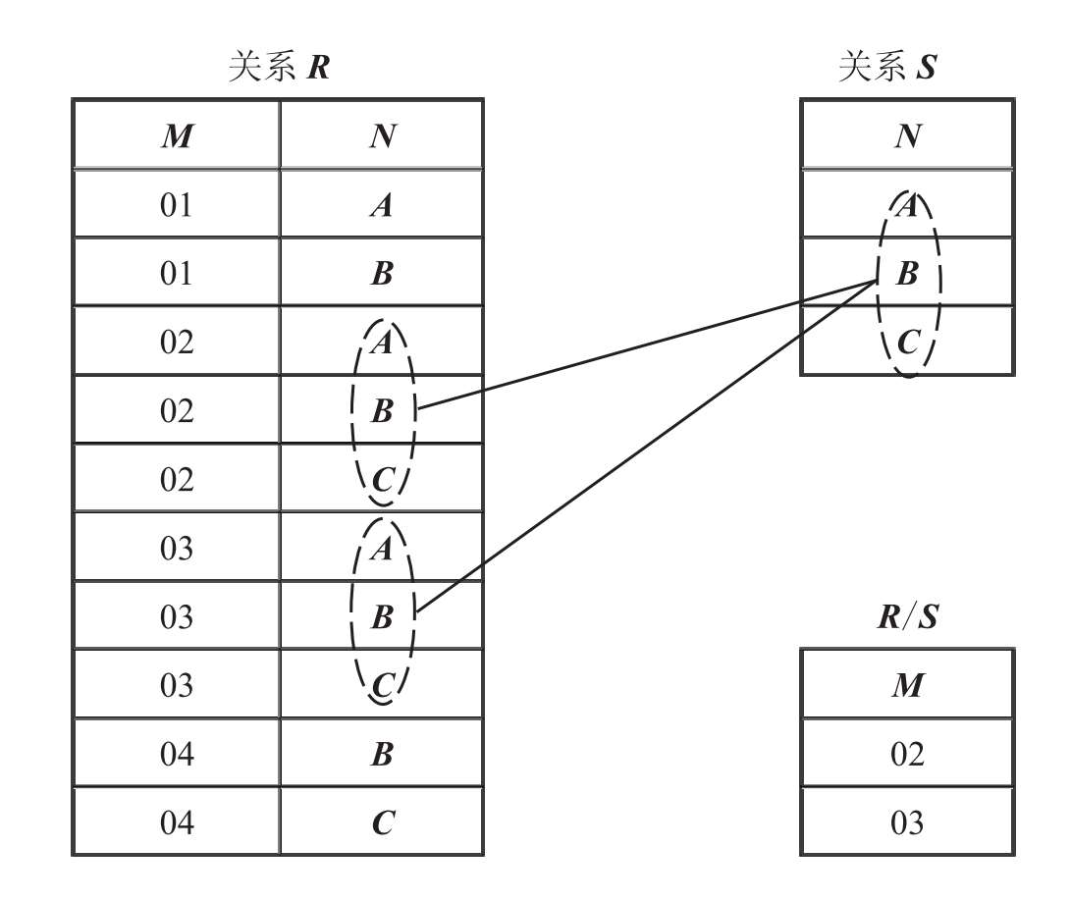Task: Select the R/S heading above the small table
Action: pyautogui.click(x=907, y=616)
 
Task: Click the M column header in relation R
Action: pyautogui.click(x=177, y=135)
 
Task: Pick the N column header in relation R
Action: pyautogui.click(x=382, y=135)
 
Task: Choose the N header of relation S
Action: pyautogui.click(x=907, y=135)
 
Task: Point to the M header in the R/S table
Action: pyautogui.click(x=907, y=685)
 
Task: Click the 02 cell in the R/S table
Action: pyautogui.click(x=907, y=754)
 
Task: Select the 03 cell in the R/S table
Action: pyautogui.click(x=907, y=822)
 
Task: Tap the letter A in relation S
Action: pyautogui.click(x=908, y=205)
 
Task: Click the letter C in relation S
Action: pyautogui.click(x=908, y=343)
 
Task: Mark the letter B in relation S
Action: pyautogui.click(x=907, y=274)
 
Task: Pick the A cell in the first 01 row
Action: pyautogui.click(x=382, y=205)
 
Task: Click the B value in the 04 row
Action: pyautogui.click(x=382, y=754)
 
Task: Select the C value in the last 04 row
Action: pyautogui.click(x=382, y=822)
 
